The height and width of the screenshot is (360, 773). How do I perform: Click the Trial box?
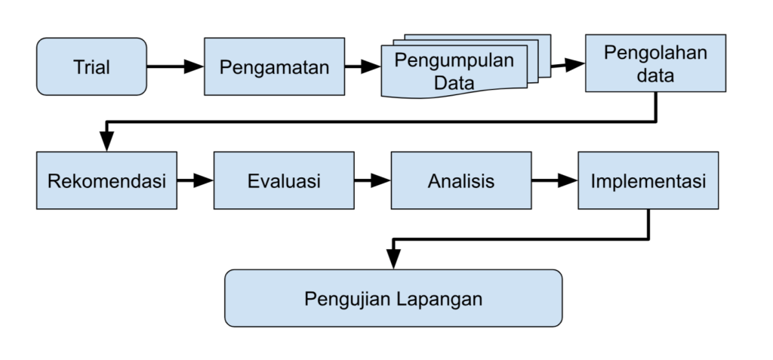coord(91,66)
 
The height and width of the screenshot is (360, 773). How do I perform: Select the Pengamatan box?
coord(274,66)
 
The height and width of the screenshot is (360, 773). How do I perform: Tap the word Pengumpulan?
coord(454,60)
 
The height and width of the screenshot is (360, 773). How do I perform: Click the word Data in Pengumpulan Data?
coord(454,83)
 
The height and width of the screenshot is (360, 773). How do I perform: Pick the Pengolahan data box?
coord(656,63)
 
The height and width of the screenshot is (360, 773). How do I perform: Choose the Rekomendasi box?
coord(106,180)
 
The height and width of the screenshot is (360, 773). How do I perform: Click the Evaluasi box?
coord(284,180)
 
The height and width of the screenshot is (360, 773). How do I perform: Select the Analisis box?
coord(461,180)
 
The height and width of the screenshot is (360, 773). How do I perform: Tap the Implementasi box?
coord(648,180)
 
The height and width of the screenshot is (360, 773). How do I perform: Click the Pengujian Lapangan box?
coord(393,298)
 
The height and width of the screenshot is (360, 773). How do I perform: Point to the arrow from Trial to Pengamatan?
coord(175,66)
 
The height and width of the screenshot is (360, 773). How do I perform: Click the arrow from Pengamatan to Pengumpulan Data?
coord(362,66)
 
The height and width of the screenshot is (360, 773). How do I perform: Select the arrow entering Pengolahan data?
coord(568,65)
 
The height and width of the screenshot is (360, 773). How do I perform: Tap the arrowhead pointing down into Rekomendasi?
coord(106,142)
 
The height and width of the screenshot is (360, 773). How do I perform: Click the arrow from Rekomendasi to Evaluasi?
coord(196,180)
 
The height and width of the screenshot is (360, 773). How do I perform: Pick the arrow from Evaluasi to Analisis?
coord(372,180)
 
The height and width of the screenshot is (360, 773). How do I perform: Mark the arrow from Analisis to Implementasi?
coord(555,180)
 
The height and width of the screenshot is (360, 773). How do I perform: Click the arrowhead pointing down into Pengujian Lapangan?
coord(393,260)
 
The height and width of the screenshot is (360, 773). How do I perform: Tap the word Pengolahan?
coord(656,53)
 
